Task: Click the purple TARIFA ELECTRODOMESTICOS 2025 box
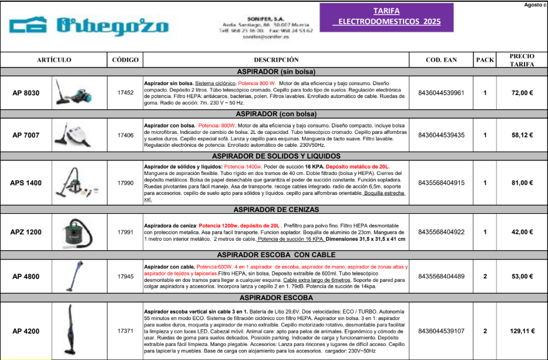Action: pyautogui.click(x=386, y=16)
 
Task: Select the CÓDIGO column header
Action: pyautogui.click(x=125, y=60)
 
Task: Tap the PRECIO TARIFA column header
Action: pyautogui.click(x=522, y=60)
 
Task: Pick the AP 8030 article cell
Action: pyautogui.click(x=26, y=93)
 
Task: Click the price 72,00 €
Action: pyautogui.click(x=522, y=93)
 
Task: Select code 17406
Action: pyautogui.click(x=125, y=135)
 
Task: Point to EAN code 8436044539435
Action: pyautogui.click(x=441, y=135)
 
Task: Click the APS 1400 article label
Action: pyautogui.click(x=26, y=183)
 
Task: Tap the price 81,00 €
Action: pyautogui.click(x=522, y=183)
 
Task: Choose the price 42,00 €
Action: pyautogui.click(x=522, y=232)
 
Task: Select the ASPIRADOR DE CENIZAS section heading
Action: pyautogui.click(x=275, y=210)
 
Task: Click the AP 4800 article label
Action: pyautogui.click(x=26, y=277)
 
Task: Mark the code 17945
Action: pyautogui.click(x=125, y=277)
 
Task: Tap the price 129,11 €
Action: pyautogui.click(x=522, y=331)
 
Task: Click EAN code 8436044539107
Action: pyautogui.click(x=441, y=331)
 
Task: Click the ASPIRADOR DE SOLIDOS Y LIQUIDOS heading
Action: pyautogui.click(x=275, y=156)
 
